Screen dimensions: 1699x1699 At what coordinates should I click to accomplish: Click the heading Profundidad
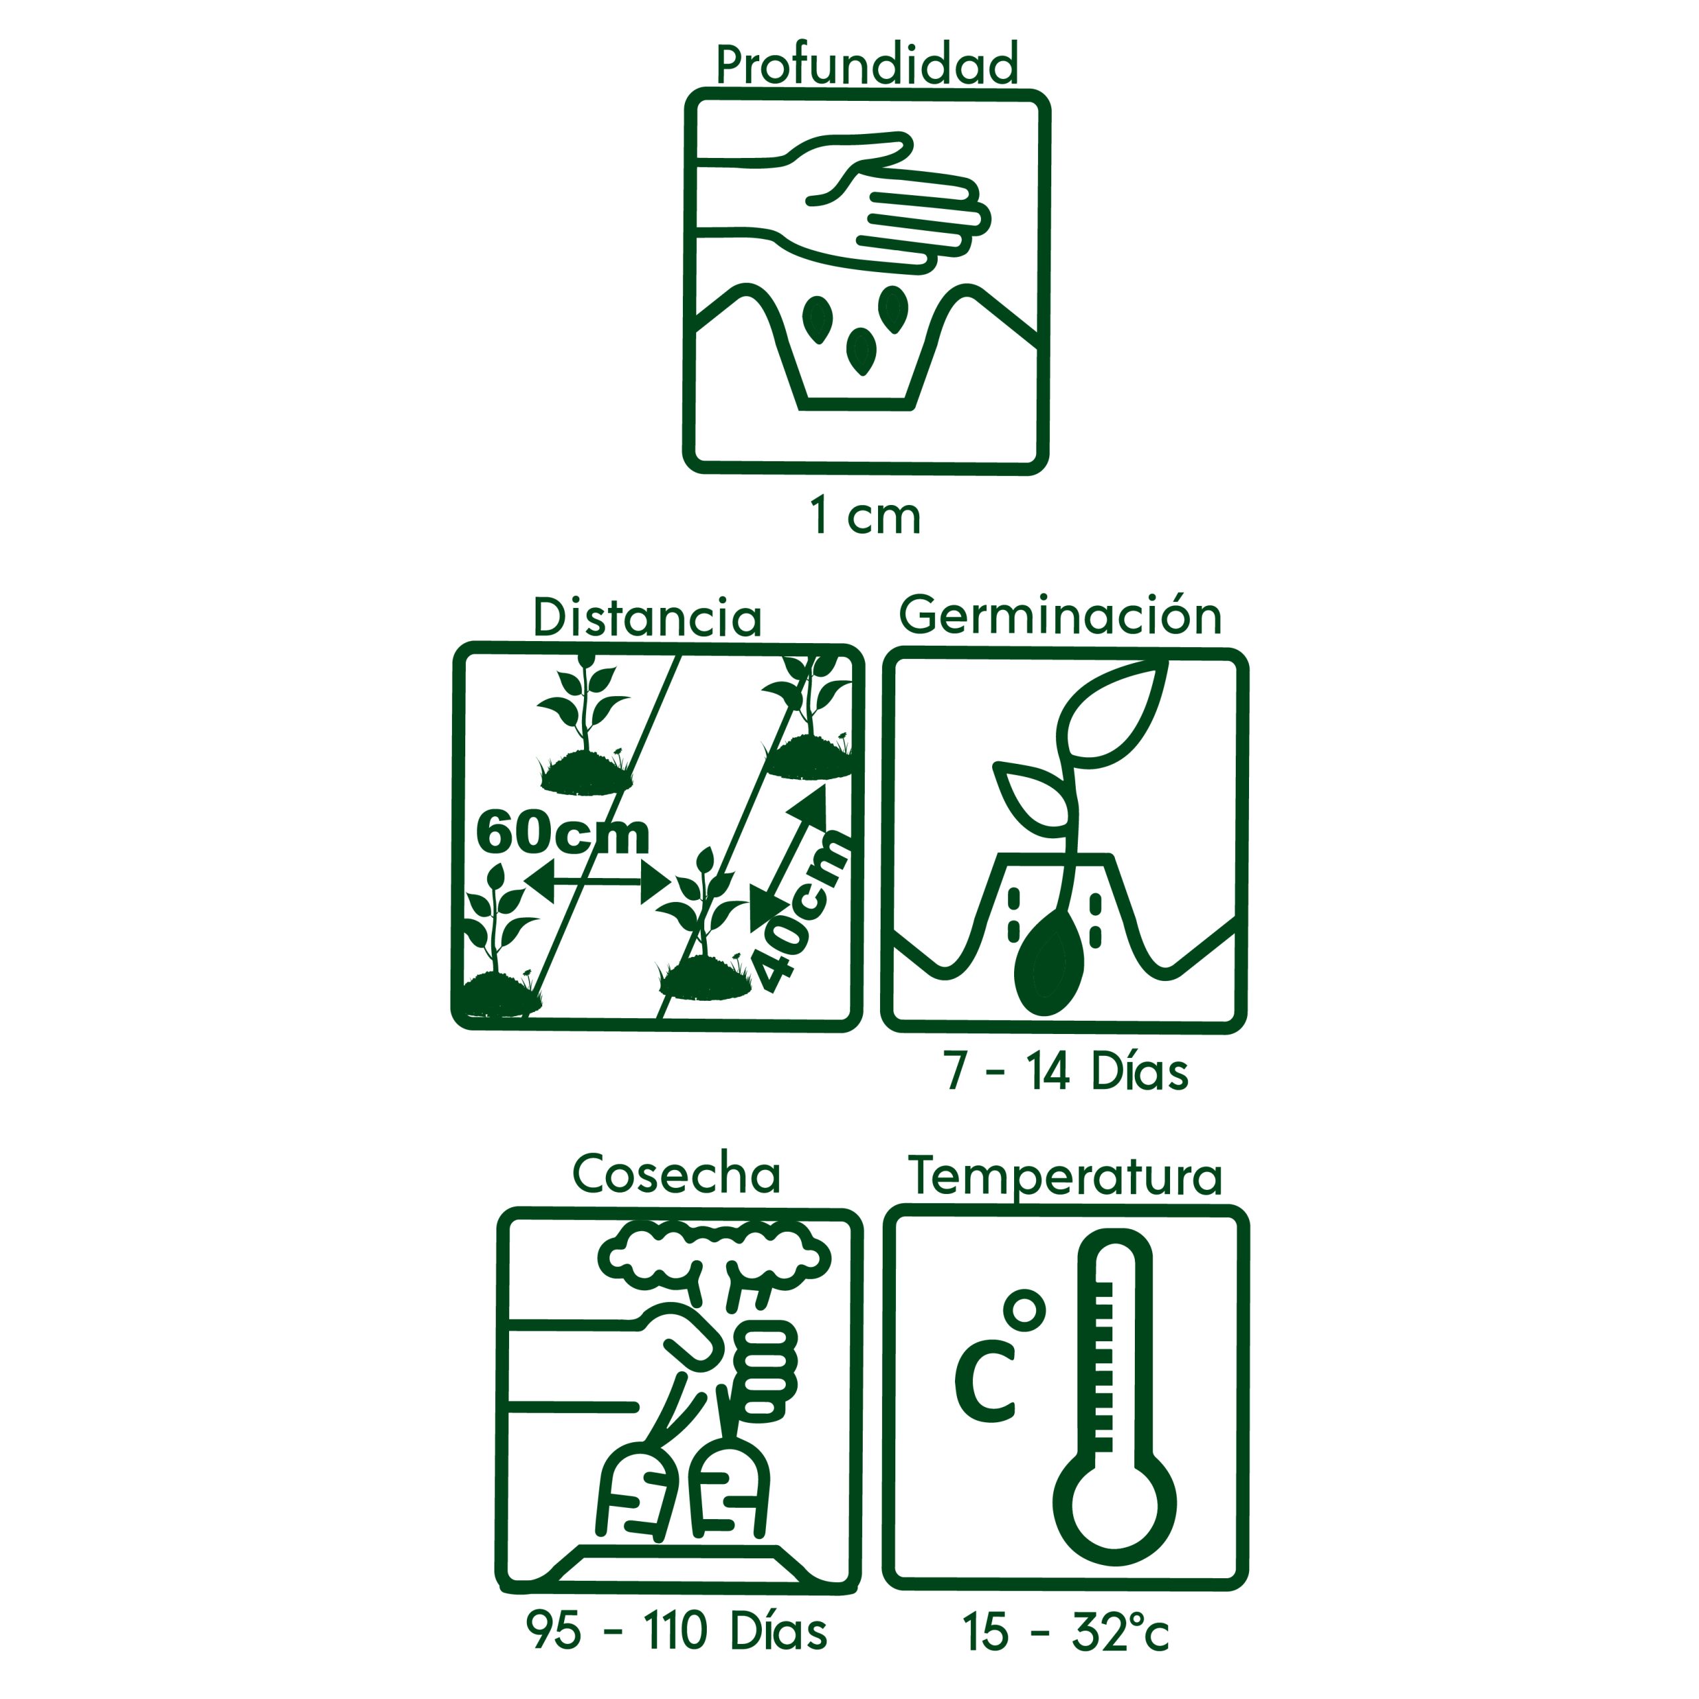(867, 64)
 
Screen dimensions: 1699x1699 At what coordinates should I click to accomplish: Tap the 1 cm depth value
(865, 516)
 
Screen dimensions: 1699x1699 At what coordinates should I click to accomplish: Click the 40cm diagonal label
(802, 911)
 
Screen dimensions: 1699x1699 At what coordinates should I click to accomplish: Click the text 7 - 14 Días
(1067, 1072)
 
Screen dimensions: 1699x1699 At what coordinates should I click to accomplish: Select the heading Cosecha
(676, 1174)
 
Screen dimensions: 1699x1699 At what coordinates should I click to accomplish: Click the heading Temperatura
(1065, 1176)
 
